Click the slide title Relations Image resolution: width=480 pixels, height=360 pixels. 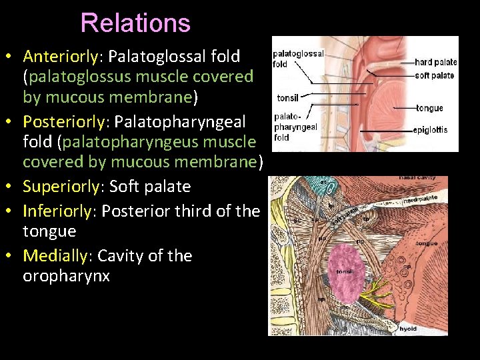tap(135, 23)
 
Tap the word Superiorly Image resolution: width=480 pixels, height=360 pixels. tap(60, 186)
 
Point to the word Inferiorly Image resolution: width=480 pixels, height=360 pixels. tap(57, 211)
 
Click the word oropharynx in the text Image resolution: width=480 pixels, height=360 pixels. tap(66, 275)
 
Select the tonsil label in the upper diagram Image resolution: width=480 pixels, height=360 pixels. tap(287, 97)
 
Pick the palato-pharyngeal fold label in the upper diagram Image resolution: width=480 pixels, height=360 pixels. tap(295, 127)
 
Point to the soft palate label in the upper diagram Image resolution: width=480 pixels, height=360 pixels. tap(435, 75)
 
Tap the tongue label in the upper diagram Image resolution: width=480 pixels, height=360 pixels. tap(429, 108)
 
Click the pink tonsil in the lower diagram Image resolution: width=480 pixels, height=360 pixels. tap(347, 271)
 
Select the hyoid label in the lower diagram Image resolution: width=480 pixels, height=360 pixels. tap(408, 328)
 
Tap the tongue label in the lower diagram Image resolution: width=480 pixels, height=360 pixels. tap(427, 243)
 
